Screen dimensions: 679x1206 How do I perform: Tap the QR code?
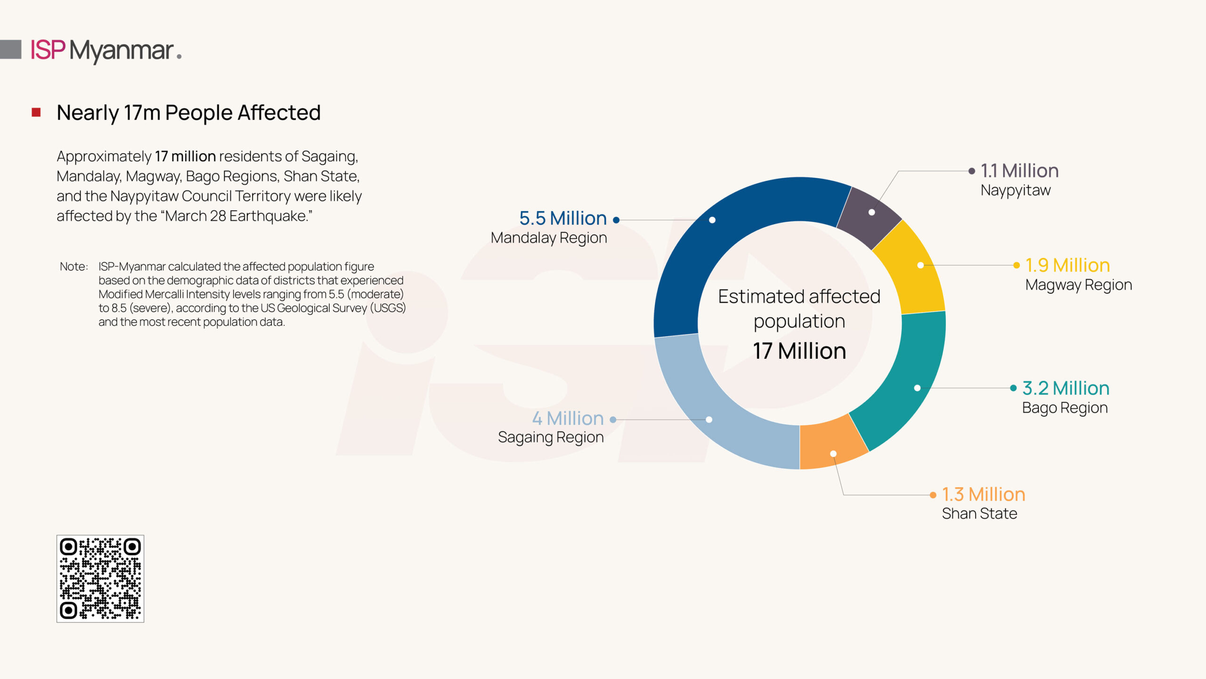click(x=100, y=579)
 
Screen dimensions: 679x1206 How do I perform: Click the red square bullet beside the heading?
click(x=36, y=112)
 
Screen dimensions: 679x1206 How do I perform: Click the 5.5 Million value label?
click(x=563, y=218)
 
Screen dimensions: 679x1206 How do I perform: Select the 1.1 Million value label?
click(x=1019, y=171)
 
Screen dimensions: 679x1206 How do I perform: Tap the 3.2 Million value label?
click(x=1066, y=388)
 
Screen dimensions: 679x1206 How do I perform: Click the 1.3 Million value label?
click(x=984, y=494)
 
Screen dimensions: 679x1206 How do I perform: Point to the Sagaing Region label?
click(x=551, y=437)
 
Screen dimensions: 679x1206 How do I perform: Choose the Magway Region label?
click(x=1078, y=285)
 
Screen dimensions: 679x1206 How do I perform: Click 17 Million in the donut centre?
click(x=799, y=351)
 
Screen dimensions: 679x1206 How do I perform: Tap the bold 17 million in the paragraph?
click(x=185, y=156)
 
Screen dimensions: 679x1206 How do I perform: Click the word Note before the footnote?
click(x=73, y=266)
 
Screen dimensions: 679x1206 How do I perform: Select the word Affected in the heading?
click(x=279, y=113)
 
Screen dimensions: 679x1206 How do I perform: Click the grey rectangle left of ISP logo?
click(x=10, y=50)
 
